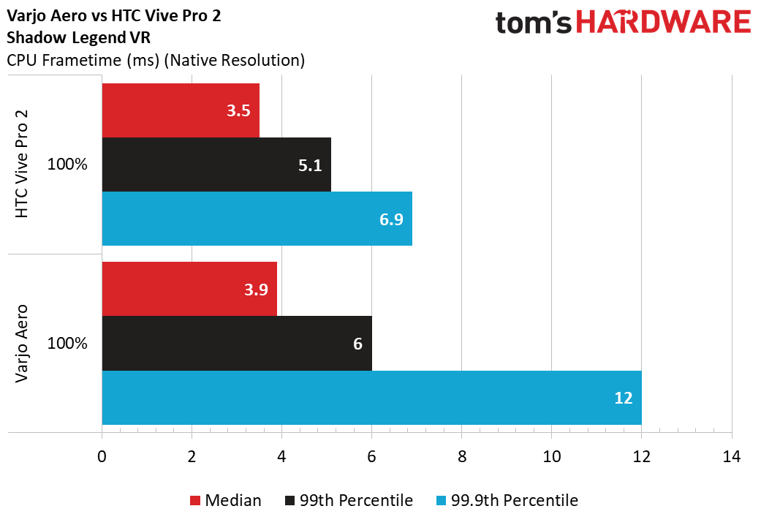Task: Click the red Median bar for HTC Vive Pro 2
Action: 181,110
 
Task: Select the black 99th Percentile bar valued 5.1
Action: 216,165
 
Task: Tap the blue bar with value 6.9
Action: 257,219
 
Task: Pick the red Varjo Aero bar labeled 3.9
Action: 189,289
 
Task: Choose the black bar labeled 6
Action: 237,344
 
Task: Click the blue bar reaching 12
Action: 372,398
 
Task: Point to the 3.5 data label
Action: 238,110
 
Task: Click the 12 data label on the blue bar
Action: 623,399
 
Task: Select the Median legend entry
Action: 226,500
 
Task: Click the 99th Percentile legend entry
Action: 349,500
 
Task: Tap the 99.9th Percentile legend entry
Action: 507,500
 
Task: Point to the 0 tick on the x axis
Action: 102,456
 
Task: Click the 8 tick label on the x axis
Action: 461,456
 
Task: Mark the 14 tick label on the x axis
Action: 732,456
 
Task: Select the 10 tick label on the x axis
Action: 552,456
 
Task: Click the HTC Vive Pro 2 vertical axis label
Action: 22,164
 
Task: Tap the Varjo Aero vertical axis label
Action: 22,344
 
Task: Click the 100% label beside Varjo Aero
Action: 67,344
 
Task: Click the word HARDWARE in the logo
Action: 664,23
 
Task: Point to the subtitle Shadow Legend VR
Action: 79,37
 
